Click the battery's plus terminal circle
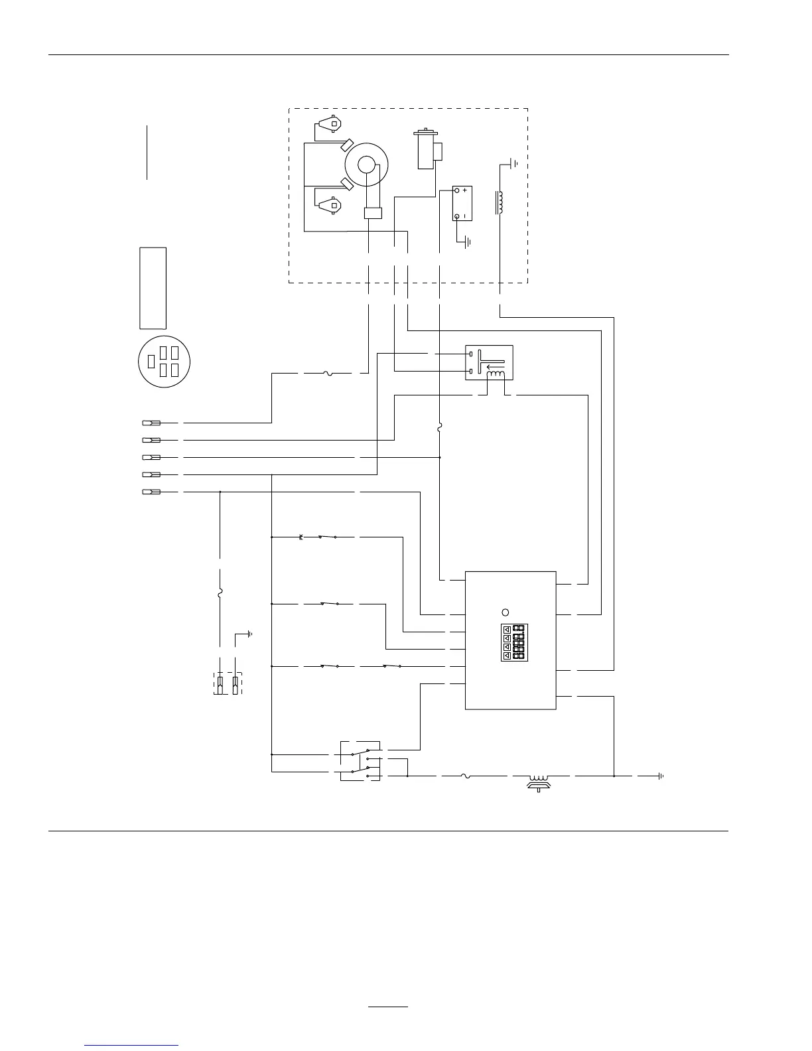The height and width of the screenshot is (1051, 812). [x=457, y=190]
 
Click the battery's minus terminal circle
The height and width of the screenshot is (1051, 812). [x=457, y=216]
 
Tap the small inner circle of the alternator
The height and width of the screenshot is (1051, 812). [x=366, y=164]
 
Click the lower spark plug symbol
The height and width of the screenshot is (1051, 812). [x=328, y=205]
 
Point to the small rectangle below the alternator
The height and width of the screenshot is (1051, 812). [x=373, y=213]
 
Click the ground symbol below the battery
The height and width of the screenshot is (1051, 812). [x=468, y=242]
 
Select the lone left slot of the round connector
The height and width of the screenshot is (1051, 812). [x=151, y=362]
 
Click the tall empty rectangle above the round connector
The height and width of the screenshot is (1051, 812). [x=153, y=288]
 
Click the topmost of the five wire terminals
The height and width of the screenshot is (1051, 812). [x=151, y=422]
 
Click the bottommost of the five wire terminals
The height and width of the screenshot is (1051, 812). [x=151, y=492]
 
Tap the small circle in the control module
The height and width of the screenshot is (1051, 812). [x=505, y=612]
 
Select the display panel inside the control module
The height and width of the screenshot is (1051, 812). [x=513, y=642]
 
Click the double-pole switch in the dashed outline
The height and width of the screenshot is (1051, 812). [x=360, y=760]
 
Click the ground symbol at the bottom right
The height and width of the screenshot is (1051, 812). [x=661, y=776]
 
